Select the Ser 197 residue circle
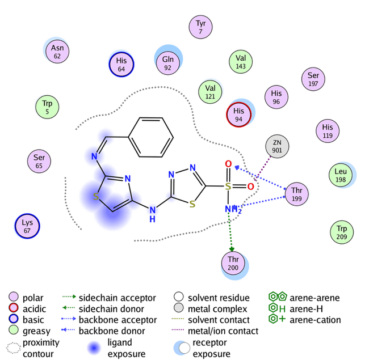coord(313,79)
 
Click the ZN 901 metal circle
coord(277,147)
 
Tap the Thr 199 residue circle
coord(297,193)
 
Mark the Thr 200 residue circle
coord(233,263)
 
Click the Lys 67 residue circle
coord(27,226)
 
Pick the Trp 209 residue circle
coord(341,232)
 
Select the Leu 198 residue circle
coord(341,175)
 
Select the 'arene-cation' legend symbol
coord(276,319)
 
